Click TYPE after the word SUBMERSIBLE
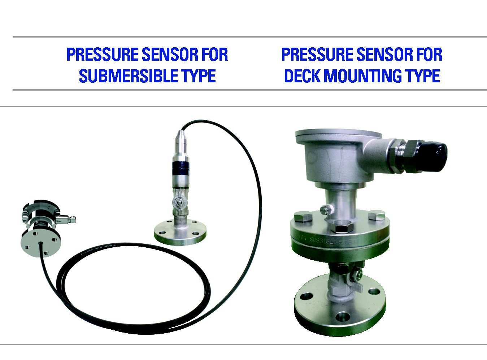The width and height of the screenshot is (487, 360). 198,76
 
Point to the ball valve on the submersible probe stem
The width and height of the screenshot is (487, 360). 180,201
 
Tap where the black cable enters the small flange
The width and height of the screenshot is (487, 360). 41,243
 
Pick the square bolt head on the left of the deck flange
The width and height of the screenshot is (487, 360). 303,216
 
